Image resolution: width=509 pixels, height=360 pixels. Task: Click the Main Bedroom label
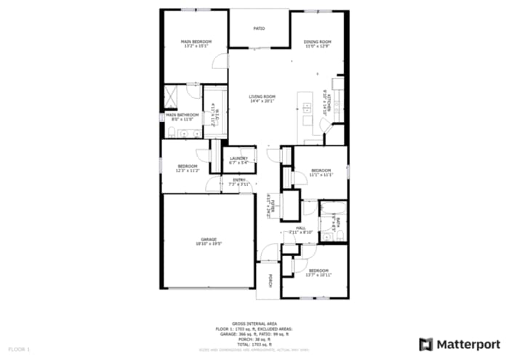196,42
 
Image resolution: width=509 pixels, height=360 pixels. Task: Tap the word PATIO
259,28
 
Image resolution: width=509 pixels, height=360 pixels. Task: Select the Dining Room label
317,42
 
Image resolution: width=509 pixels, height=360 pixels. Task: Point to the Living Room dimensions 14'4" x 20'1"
262,101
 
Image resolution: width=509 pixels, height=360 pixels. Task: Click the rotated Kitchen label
329,101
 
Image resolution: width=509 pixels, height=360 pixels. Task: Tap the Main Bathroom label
180,114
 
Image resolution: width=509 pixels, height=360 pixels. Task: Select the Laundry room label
239,159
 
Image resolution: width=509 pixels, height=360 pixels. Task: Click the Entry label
239,180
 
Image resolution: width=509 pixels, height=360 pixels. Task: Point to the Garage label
209,239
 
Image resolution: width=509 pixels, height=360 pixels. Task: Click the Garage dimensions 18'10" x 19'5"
209,244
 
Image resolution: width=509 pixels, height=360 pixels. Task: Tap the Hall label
300,228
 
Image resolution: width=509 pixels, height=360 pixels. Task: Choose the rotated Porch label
270,280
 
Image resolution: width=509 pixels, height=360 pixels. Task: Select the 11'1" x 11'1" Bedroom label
321,171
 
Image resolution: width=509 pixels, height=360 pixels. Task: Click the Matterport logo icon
426,343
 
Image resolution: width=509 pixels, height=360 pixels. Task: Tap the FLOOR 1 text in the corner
20,350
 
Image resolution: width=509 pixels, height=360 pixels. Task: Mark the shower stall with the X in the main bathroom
172,96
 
